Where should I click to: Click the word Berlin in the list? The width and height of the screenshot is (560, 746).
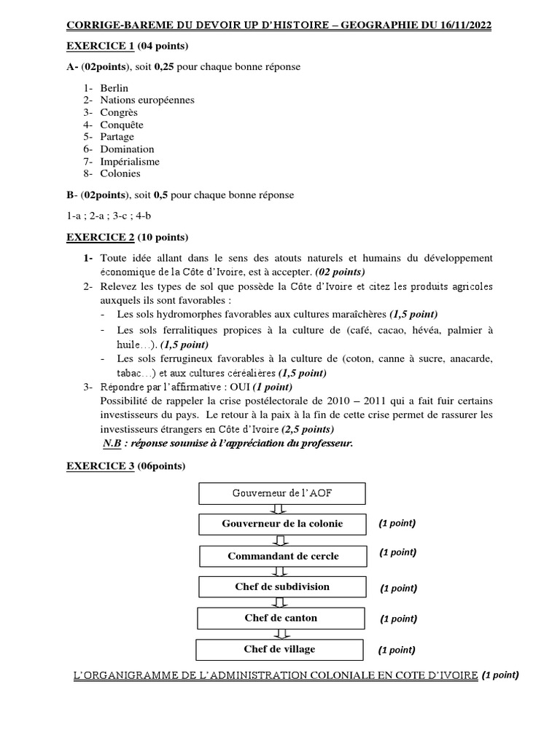pyautogui.click(x=114, y=87)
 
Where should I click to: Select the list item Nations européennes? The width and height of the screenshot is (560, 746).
pyautogui.click(x=147, y=100)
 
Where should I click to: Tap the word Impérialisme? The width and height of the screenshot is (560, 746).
pyautogui.click(x=130, y=161)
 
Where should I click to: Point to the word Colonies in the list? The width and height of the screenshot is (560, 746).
pyautogui.click(x=120, y=173)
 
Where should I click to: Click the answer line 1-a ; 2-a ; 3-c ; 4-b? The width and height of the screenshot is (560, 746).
pyautogui.click(x=109, y=216)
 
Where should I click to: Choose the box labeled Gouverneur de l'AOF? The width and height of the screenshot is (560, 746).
pyautogui.click(x=281, y=493)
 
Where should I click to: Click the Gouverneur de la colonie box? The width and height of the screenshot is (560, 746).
pyautogui.click(x=281, y=524)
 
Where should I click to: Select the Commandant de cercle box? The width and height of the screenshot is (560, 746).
pyautogui.click(x=283, y=556)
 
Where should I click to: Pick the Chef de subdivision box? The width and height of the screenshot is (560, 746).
pyautogui.click(x=281, y=586)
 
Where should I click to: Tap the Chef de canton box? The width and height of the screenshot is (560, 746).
pyautogui.click(x=281, y=618)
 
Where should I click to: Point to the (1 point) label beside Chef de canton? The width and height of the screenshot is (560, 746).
pyautogui.click(x=398, y=619)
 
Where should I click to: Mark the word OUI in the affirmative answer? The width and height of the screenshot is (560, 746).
pyautogui.click(x=241, y=386)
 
